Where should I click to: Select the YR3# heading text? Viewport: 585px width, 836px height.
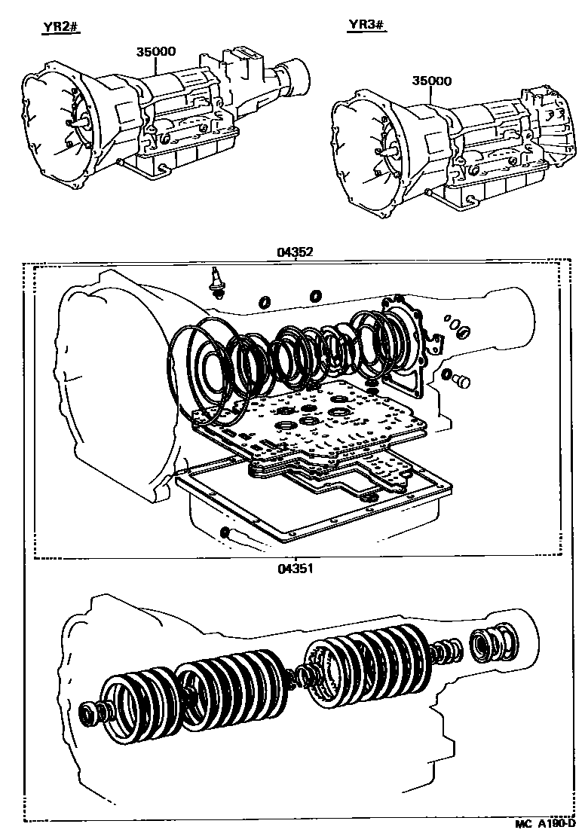(366, 26)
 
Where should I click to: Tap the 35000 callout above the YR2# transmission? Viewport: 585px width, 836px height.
(156, 51)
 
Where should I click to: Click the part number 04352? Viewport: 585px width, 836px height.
(294, 253)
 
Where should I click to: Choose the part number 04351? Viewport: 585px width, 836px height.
(294, 569)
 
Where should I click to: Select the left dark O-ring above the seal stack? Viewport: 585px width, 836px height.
(265, 302)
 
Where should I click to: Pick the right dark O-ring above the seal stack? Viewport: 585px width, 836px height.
(315, 295)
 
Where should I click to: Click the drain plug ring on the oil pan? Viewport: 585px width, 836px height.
(224, 533)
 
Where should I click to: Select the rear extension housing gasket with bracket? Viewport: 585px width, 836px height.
(407, 343)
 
